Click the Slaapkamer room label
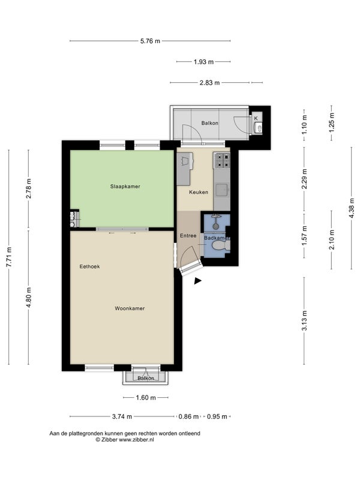tap(125, 187)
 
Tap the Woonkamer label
tap(130, 308)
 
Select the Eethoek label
tap(89, 266)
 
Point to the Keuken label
tap(199, 192)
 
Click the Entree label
tap(188, 236)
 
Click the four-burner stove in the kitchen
tap(223, 161)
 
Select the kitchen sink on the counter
tap(222, 190)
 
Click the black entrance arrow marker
tap(198, 281)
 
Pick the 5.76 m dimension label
tap(151, 41)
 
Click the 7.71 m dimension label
tap(9, 257)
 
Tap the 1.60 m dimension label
tap(146, 398)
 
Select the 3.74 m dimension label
tap(122, 416)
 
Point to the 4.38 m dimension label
tap(352, 208)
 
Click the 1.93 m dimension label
tap(203, 62)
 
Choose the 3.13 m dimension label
tap(304, 320)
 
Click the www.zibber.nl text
tap(136, 440)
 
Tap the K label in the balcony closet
tap(256, 118)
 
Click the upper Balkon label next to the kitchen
tap(209, 123)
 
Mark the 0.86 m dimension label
tap(188, 416)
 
